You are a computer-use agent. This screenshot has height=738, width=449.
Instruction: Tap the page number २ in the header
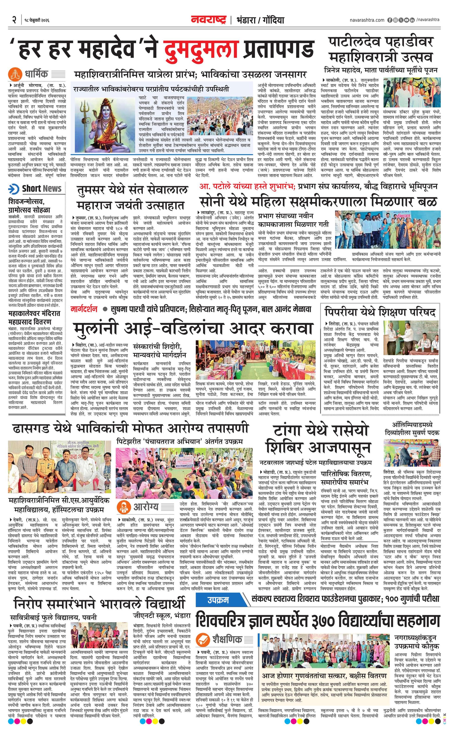coord(14,20)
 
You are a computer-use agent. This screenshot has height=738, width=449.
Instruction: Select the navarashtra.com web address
coord(367,20)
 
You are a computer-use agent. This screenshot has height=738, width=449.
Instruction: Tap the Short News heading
coord(42,189)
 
